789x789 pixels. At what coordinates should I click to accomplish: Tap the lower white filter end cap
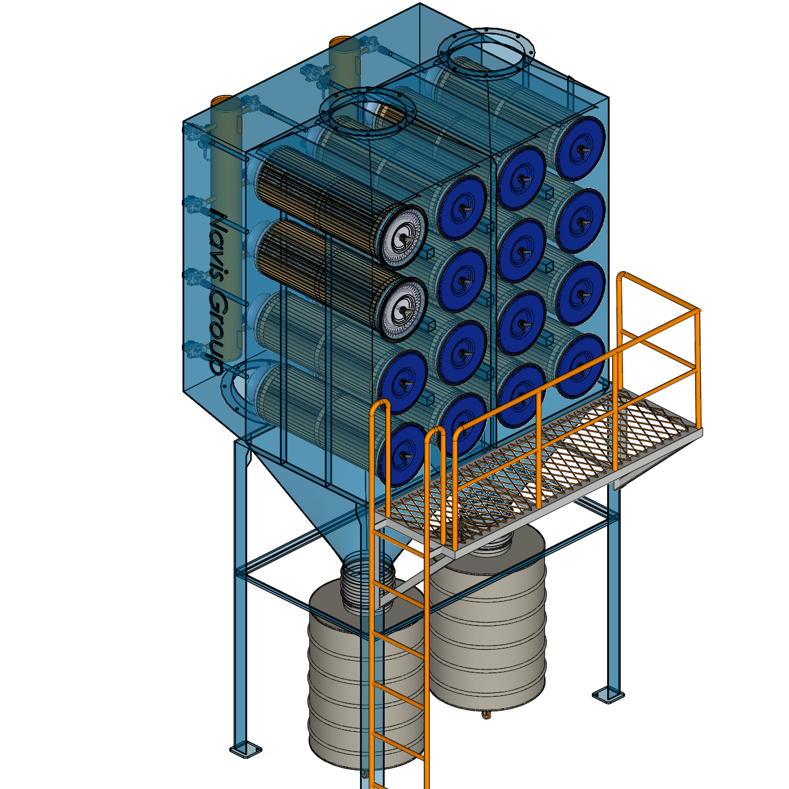402,310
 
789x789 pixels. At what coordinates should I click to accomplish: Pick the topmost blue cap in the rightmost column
581,148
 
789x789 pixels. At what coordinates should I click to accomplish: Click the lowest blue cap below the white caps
401,454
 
